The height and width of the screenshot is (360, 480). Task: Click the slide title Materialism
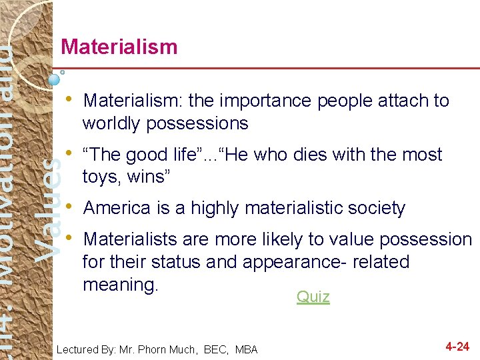pyautogui.click(x=119, y=47)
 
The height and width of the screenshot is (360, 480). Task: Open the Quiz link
pyautogui.click(x=313, y=297)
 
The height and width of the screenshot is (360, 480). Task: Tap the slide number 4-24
pyautogui.click(x=457, y=347)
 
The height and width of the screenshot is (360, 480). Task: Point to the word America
pyautogui.click(x=116, y=208)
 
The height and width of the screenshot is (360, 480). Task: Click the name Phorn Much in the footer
pyautogui.click(x=171, y=349)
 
